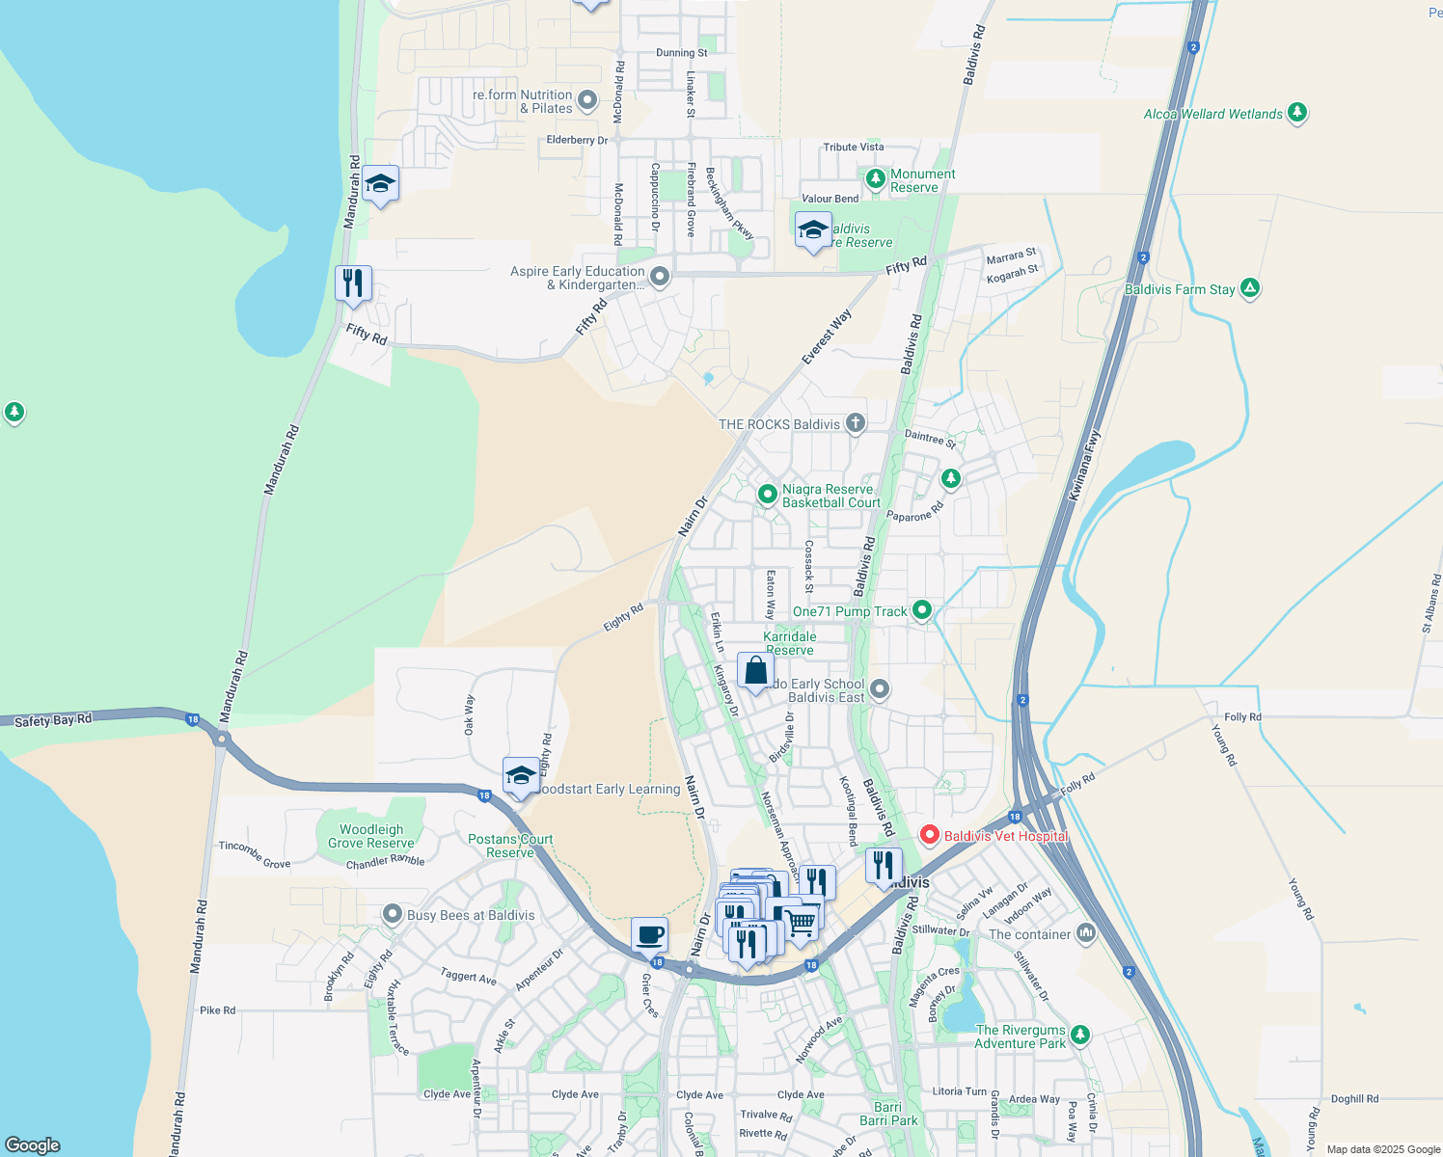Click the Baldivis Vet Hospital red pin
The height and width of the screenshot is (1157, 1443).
coord(929,835)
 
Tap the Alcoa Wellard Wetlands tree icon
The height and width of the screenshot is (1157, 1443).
coord(1297,113)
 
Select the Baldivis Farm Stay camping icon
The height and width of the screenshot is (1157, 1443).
coord(1250,287)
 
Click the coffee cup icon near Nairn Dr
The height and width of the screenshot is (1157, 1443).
coord(649,933)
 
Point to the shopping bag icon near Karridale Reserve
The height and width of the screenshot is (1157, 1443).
coord(755,670)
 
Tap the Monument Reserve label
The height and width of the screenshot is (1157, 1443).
coord(922,180)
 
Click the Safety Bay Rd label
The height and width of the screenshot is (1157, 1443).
coord(53,720)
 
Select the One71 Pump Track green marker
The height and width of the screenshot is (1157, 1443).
coord(922,609)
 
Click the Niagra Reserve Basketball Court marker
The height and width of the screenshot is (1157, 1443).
coord(768,495)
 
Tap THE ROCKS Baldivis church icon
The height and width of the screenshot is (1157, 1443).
coord(855,422)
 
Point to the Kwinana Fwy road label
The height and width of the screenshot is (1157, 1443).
coord(1084,466)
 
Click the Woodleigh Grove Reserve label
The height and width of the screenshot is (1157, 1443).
coord(371,836)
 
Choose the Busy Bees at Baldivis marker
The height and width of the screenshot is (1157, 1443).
coord(392,914)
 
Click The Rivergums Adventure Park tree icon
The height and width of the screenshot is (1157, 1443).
coord(1080,1036)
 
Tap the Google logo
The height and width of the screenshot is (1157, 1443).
coord(33,1144)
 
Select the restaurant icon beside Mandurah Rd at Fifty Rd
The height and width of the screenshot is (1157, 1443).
coord(353,283)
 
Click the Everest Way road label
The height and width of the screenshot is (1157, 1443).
coord(827,337)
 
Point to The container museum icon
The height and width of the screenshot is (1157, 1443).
coord(1086,932)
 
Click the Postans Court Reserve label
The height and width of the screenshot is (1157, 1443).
coord(510,846)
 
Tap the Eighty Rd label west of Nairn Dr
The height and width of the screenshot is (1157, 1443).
coord(623,618)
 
